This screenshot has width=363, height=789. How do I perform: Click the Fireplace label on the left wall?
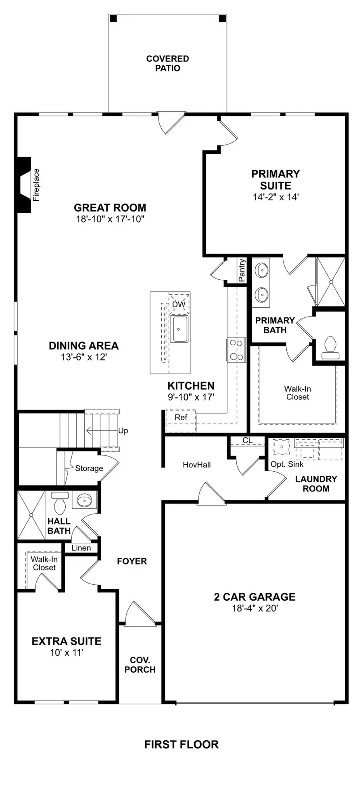(36, 185)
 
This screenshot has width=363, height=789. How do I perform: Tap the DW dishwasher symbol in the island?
(179, 304)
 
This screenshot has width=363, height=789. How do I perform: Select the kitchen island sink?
(179, 329)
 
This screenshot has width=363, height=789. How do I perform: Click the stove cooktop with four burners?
(236, 349)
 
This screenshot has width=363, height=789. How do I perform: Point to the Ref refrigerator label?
(181, 418)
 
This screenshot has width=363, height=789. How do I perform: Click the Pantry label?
(242, 270)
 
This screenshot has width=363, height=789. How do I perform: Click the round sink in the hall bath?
(85, 501)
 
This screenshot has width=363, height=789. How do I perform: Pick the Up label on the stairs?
(123, 431)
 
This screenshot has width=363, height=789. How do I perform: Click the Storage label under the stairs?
(89, 468)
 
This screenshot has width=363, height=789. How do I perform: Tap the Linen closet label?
(81, 548)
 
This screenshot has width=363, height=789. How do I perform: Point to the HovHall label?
(197, 465)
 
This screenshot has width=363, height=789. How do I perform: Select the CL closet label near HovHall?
(247, 440)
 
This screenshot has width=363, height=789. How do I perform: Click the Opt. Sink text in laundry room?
(287, 464)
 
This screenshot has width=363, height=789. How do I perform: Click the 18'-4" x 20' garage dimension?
(255, 608)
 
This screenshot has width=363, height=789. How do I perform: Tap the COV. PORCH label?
(140, 665)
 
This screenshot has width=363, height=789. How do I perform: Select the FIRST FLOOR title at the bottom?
(181, 744)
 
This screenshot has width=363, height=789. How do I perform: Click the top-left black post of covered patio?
(114, 18)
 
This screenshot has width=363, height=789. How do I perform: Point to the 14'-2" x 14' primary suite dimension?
(275, 197)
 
